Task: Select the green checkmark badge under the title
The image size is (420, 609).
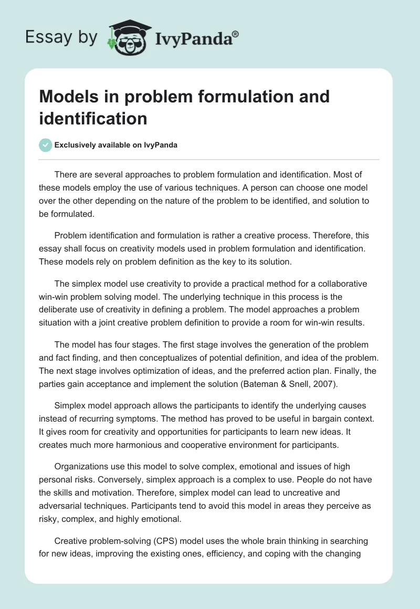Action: point(45,145)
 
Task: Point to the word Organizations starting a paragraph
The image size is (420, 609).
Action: point(85,466)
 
